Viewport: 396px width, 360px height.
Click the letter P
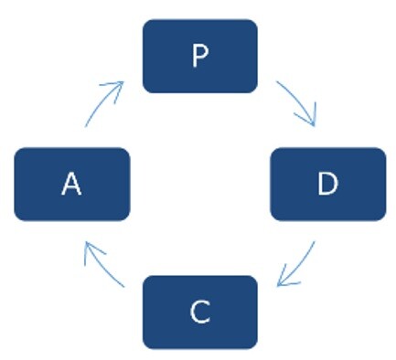coord(200,55)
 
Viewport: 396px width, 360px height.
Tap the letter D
coord(327,183)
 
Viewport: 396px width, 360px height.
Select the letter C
coord(200,312)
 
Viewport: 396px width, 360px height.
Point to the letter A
coord(71,184)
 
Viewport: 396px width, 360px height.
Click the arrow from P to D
coord(299,100)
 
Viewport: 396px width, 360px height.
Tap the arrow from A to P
coord(101,101)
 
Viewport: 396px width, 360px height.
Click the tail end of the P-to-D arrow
coord(276,81)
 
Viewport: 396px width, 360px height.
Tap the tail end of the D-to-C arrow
coord(315,241)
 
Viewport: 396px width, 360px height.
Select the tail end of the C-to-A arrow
coord(124,287)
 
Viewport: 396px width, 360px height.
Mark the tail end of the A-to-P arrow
coord(85,126)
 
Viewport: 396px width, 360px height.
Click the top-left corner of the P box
coord(143,19)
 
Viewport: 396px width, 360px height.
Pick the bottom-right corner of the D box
coord(386,220)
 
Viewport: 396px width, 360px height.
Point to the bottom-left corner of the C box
coord(143,349)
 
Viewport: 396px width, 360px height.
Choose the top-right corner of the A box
coord(130,148)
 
